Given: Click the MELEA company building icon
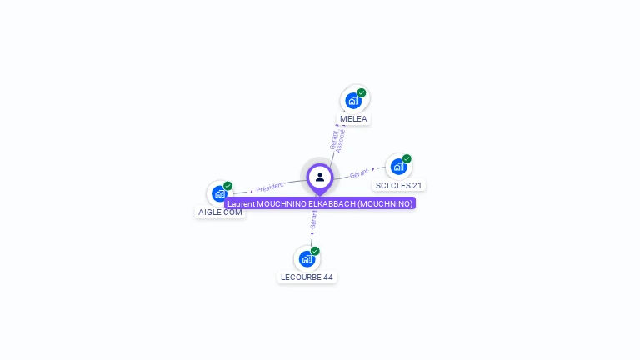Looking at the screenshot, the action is [353, 101].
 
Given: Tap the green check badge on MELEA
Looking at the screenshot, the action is [362, 92].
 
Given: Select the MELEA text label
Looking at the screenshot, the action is [353, 119].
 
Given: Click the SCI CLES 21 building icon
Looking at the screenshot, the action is [398, 167].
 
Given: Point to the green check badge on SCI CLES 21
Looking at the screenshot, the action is [407, 158].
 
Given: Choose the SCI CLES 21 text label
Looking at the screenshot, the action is [399, 185].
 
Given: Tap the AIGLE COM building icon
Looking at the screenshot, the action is [220, 193].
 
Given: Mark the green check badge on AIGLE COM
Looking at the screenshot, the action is [228, 186].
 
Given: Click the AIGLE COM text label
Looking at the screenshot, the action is [220, 212].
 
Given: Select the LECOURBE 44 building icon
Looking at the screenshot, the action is [307, 258].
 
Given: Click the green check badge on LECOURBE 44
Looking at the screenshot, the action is [315, 251].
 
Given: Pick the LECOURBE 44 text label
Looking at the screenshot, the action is [307, 277].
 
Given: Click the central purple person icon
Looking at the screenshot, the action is [320, 177].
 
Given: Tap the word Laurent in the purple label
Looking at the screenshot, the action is [241, 203].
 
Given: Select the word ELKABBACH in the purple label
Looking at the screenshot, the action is [332, 203].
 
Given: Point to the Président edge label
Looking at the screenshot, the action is [269, 187].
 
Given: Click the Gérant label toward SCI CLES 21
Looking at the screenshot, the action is [359, 173].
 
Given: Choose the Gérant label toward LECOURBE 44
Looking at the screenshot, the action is [313, 220].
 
